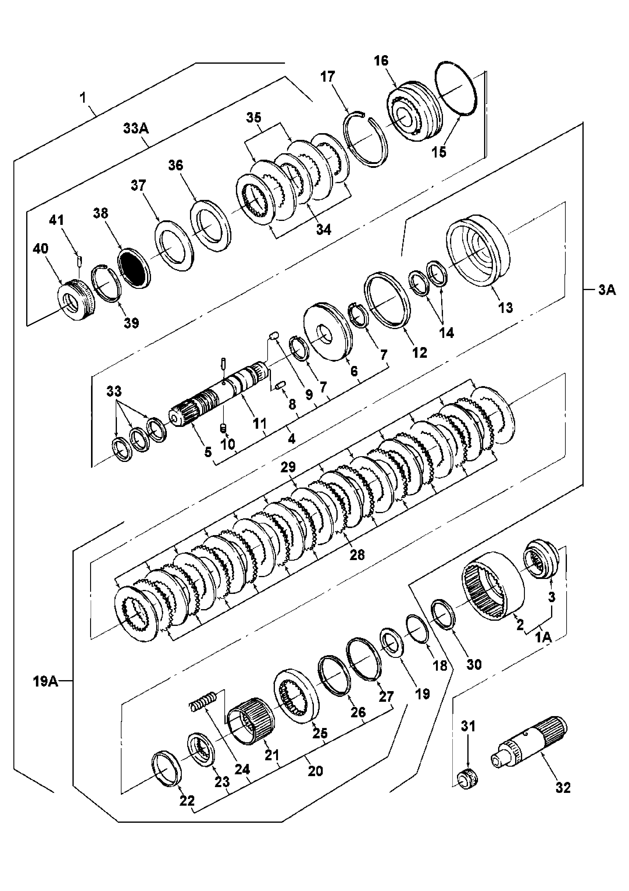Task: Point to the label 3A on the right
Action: point(607,290)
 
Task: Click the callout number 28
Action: point(357,555)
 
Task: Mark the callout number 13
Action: point(506,307)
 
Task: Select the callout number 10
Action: point(228,444)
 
